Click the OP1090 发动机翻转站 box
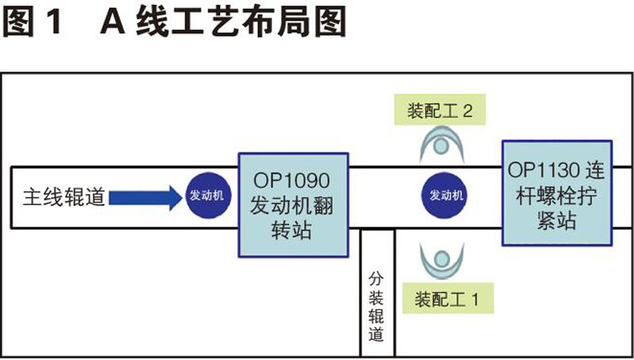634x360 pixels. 292,204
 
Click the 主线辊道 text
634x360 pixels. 63,197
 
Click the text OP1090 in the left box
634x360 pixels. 291,178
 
